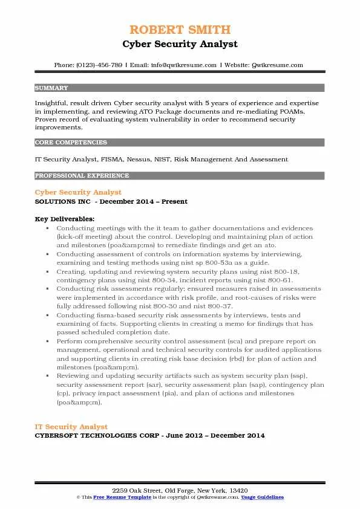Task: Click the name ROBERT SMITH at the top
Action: (180, 30)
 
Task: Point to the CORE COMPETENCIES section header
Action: (71, 143)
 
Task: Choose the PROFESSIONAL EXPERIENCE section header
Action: (82, 175)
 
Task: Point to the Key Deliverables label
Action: (64, 218)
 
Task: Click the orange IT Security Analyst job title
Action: (71, 427)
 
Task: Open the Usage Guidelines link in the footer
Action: (263, 497)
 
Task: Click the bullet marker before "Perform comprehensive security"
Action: (47, 342)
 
